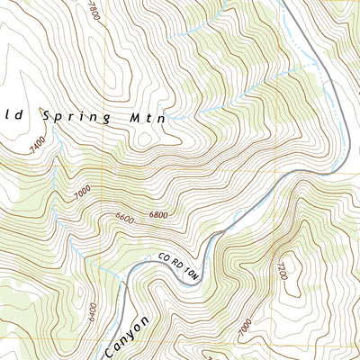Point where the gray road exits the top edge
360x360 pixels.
tap(283, 3)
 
